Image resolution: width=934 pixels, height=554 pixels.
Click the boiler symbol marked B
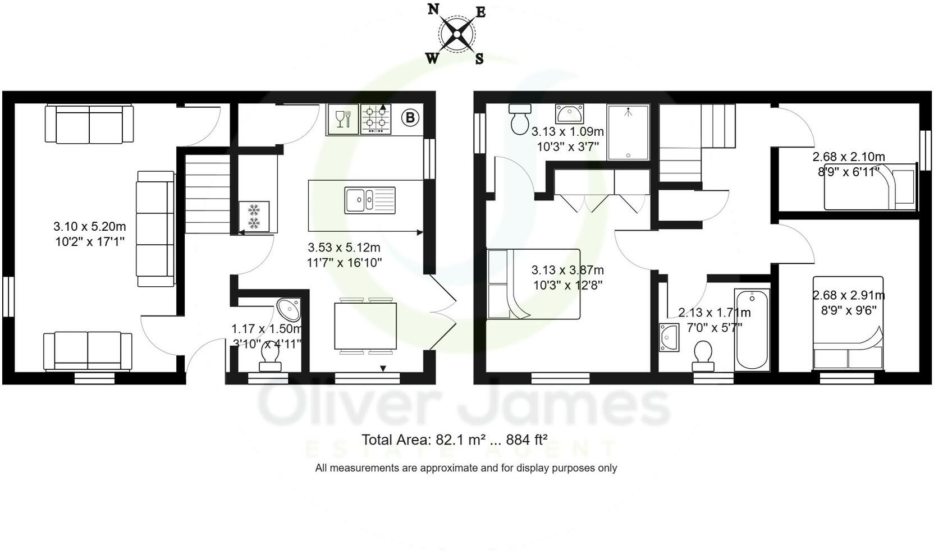[410, 118]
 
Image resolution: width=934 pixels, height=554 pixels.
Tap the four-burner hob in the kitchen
[376, 119]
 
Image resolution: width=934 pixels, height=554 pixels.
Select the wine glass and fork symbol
[342, 119]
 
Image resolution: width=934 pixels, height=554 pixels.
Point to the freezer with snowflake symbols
[254, 217]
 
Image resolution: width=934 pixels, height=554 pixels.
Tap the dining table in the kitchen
[365, 326]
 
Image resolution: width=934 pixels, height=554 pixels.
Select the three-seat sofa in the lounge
[155, 228]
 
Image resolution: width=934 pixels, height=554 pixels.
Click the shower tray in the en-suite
[628, 132]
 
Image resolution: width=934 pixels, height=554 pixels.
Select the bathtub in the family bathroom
[752, 329]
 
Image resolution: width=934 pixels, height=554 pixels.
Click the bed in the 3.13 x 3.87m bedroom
[533, 284]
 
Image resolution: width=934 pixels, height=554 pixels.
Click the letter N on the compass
[433, 9]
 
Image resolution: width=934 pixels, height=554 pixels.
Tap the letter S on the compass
[479, 58]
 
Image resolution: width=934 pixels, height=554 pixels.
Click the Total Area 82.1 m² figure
[454, 439]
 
